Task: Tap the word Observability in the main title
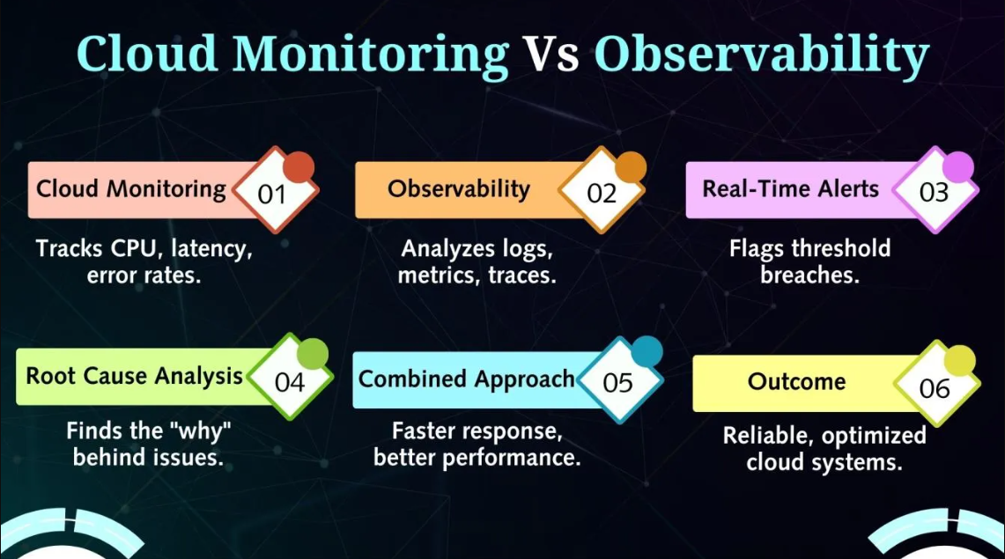pyautogui.click(x=761, y=55)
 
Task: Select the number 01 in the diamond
pyautogui.click(x=271, y=194)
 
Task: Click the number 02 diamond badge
pyautogui.click(x=602, y=190)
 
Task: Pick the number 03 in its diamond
pyautogui.click(x=934, y=192)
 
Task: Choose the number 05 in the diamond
pyautogui.click(x=617, y=383)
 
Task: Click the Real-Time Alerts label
pyautogui.click(x=791, y=189)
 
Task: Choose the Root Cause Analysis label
pyautogui.click(x=134, y=376)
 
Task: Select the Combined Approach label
pyautogui.click(x=466, y=379)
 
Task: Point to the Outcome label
pyautogui.click(x=797, y=382)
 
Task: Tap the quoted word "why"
pyautogui.click(x=202, y=431)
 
